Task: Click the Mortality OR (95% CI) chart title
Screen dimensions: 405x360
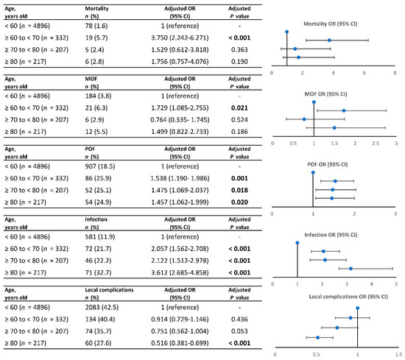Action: tap(331, 24)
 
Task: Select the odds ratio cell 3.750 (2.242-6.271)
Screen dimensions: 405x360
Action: tap(180, 38)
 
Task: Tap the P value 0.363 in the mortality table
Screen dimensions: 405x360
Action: tap(239, 49)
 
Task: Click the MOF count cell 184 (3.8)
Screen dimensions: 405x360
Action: tap(98, 96)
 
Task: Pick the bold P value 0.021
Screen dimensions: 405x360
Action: tap(239, 108)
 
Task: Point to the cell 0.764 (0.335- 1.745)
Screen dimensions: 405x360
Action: tap(180, 120)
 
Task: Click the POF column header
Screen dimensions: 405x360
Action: tap(90, 149)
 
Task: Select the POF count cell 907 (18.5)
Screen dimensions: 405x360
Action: tap(100, 166)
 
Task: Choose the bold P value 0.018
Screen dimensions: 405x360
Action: tap(239, 191)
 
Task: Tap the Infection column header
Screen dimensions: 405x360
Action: tap(96, 219)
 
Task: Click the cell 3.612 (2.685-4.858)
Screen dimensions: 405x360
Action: tap(180, 272)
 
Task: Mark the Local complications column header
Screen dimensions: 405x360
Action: tap(109, 290)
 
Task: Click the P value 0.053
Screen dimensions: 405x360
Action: tap(239, 331)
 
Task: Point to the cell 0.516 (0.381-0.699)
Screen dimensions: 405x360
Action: tap(180, 343)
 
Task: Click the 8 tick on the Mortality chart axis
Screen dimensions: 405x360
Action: tap(395, 73)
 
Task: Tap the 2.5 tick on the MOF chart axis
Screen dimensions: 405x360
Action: tap(376, 144)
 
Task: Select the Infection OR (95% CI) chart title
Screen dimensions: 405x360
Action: tap(331, 235)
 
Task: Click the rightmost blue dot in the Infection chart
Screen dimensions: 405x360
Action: tap(351, 269)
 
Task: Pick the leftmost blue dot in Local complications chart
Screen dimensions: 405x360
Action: tap(317, 337)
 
